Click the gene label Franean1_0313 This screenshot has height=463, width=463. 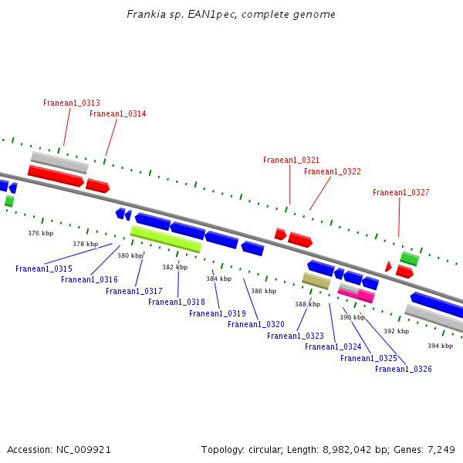71,103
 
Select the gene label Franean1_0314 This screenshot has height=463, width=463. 117,113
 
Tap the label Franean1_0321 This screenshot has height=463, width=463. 291,160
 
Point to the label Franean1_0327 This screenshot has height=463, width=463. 400,192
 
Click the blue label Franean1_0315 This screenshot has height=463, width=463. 43,269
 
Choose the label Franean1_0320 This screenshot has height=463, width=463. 255,324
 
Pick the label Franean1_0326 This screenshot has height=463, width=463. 403,369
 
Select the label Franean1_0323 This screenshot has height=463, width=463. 295,336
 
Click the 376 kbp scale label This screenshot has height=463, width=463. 40,233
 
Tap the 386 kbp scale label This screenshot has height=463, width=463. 263,291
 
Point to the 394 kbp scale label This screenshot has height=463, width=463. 440,346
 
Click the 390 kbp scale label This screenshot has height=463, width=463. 352,317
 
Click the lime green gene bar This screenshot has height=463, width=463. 166,238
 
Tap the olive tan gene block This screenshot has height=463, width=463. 316,281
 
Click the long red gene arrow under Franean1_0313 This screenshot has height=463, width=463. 56,176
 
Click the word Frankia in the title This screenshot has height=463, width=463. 144,15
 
